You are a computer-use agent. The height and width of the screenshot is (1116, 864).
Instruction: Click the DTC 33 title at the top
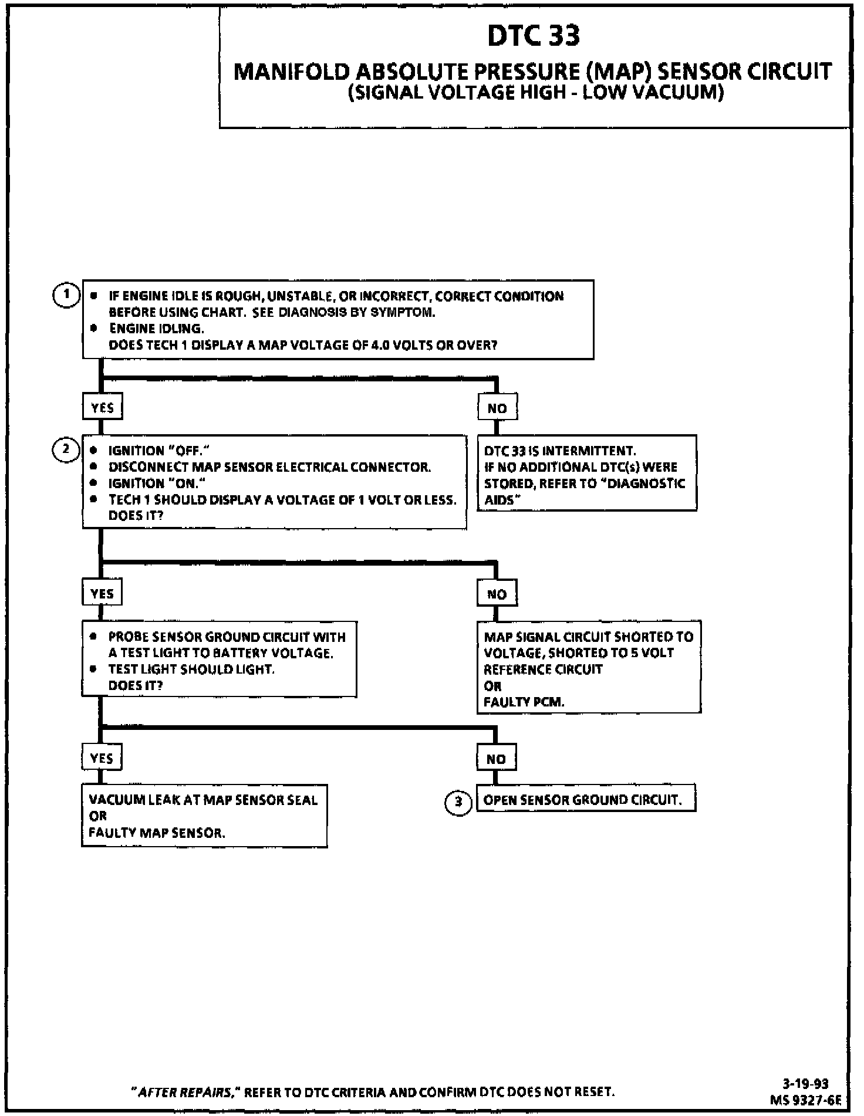[533, 36]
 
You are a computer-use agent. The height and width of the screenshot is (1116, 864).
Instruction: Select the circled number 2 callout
[66, 450]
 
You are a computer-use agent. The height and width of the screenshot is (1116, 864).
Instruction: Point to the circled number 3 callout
[458, 803]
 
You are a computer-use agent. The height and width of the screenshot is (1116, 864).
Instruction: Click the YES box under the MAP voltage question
[102, 408]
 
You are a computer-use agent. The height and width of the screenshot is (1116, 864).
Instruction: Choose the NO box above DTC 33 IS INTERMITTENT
[497, 408]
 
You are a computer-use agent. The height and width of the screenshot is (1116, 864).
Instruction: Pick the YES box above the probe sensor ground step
[102, 594]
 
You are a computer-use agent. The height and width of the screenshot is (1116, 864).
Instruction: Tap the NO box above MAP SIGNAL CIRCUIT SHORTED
[497, 594]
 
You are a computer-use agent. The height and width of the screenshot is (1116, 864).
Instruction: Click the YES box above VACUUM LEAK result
[102, 758]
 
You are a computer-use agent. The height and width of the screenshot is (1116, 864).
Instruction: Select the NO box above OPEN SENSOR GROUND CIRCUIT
[496, 759]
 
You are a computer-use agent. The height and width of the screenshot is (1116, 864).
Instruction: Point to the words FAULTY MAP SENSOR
[157, 833]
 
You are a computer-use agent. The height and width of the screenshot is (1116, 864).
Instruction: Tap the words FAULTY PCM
[524, 702]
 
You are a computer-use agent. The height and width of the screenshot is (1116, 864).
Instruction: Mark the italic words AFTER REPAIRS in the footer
[185, 1092]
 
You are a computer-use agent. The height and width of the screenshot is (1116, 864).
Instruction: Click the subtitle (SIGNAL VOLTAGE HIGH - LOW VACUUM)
[535, 93]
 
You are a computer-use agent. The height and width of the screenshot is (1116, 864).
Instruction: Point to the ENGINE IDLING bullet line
[157, 329]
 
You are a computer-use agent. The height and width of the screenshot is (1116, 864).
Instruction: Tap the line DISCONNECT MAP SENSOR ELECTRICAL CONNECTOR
[269, 467]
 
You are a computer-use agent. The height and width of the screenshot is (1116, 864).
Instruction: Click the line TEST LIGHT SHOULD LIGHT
[191, 669]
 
